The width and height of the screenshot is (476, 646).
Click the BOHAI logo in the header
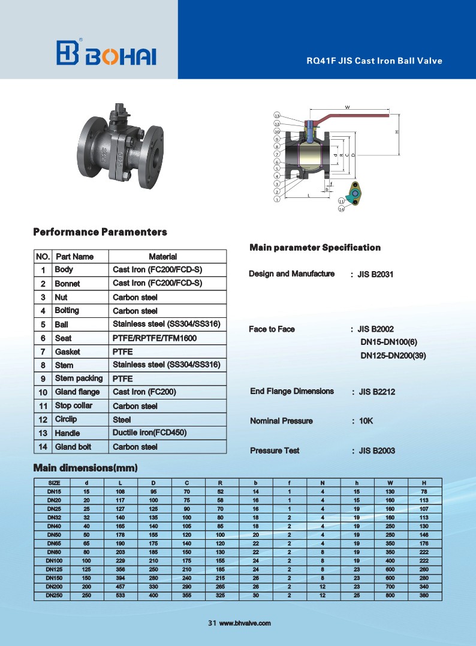pos(106,53)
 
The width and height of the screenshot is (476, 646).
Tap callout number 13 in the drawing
pos(277,115)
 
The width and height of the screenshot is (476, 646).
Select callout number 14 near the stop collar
pos(341,209)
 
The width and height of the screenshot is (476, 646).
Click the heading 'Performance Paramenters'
pos(100,232)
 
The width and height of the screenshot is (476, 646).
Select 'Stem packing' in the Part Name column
pos(79,378)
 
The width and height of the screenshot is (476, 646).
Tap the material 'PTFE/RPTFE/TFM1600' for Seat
pos(155,338)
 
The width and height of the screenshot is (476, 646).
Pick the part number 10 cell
pos(43,392)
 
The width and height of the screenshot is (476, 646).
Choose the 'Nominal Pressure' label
pos(281,421)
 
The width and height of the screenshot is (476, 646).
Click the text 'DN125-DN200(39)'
pos(393,356)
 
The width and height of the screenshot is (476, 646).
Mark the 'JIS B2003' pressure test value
pos(376,451)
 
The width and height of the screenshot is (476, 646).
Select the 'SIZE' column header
pos(54,483)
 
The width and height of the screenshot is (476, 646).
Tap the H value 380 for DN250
pos(424,596)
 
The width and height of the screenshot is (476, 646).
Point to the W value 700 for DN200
pos(390,587)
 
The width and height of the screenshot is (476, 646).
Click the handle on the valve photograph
pos(119,112)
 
